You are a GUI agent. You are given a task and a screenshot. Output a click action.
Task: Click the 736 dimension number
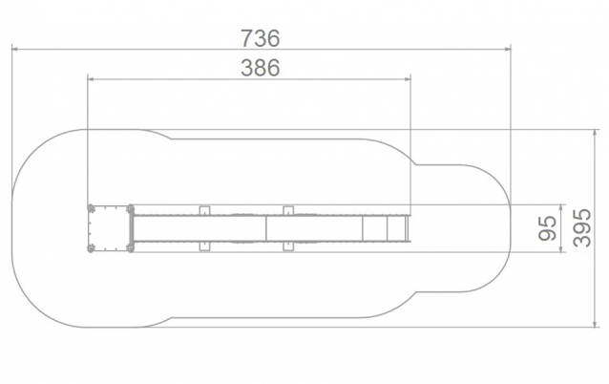[x=261, y=38]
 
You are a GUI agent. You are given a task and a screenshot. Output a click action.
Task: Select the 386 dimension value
[x=261, y=68]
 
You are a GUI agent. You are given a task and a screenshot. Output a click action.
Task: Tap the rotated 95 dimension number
[x=548, y=228]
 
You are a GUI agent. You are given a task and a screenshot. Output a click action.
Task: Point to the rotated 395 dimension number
[x=582, y=228]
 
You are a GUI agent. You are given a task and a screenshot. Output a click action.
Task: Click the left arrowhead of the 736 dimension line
[x=15, y=49]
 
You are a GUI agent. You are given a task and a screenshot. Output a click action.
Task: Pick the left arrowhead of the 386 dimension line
[x=91, y=79]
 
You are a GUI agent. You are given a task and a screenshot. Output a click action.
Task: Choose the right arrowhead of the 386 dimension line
[x=407, y=79]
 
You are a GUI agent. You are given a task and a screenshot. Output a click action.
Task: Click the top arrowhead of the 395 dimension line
[x=595, y=133]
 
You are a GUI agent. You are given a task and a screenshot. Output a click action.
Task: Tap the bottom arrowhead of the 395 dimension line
[x=595, y=324]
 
